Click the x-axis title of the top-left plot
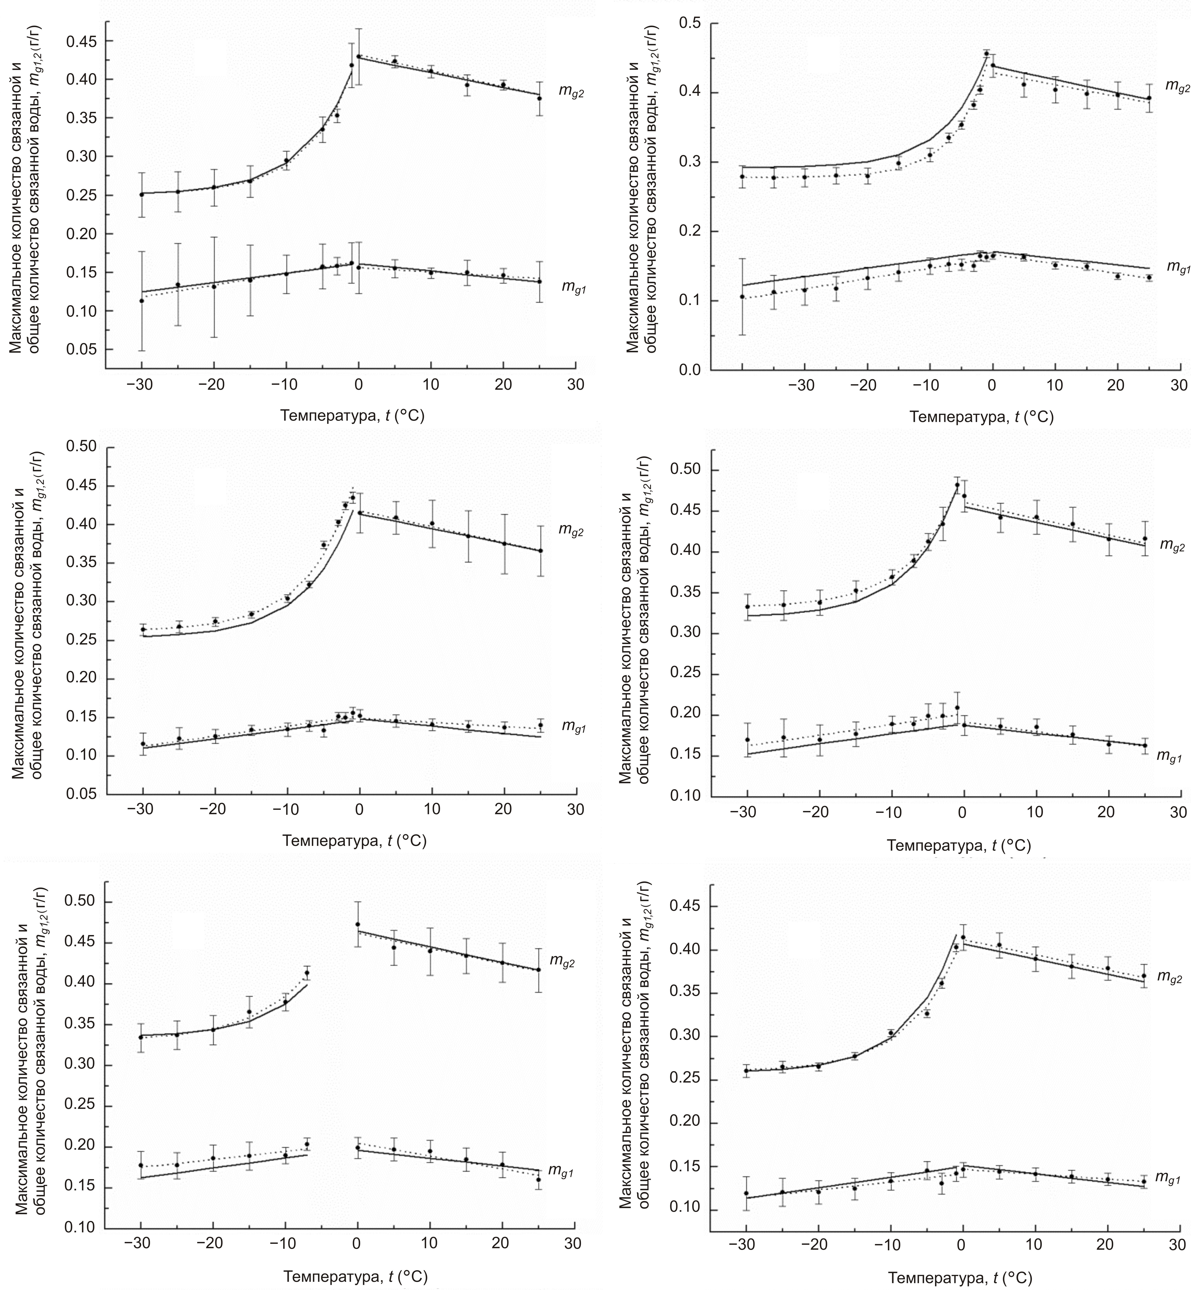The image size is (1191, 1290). (352, 416)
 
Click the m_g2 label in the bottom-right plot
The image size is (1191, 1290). (1169, 978)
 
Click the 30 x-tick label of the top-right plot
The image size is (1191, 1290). (1178, 385)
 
